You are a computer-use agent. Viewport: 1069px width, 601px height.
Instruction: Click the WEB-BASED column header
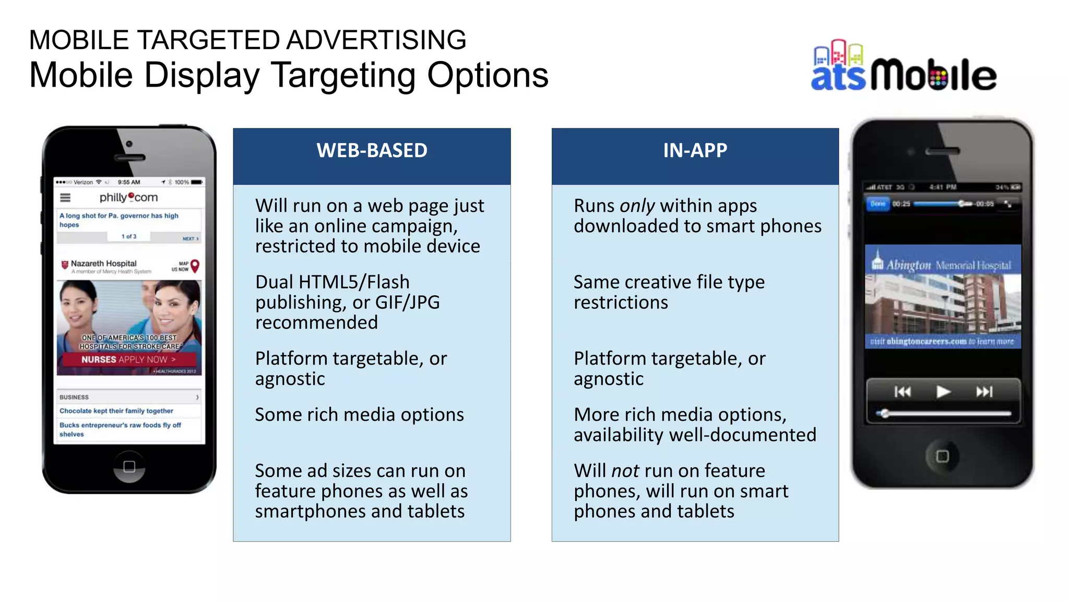point(372,151)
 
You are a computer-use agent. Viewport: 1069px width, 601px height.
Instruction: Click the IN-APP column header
point(695,151)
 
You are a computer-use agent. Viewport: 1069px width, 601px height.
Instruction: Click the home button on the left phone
point(129,466)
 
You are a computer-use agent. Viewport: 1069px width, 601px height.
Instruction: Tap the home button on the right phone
point(942,456)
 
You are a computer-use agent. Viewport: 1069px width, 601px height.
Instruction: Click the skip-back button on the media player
point(902,392)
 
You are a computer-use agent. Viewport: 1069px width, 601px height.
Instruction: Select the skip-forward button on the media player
point(984,392)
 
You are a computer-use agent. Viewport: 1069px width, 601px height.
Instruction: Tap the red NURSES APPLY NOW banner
point(128,359)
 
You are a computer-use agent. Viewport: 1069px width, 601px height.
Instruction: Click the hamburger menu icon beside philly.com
point(65,198)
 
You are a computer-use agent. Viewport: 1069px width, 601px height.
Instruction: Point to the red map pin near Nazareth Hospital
point(195,266)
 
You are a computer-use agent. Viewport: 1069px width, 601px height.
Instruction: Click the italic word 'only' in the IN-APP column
point(637,206)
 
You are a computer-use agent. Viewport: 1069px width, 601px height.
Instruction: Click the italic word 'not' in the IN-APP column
point(625,471)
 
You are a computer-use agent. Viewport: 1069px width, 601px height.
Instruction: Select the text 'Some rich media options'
point(359,415)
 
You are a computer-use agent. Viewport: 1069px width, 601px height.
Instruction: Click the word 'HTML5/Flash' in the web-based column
point(353,282)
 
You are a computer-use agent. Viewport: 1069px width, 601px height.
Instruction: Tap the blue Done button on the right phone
point(878,204)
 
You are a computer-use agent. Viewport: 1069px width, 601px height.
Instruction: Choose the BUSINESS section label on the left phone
point(74,398)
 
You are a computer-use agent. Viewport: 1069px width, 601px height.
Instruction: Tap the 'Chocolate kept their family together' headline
point(116,411)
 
